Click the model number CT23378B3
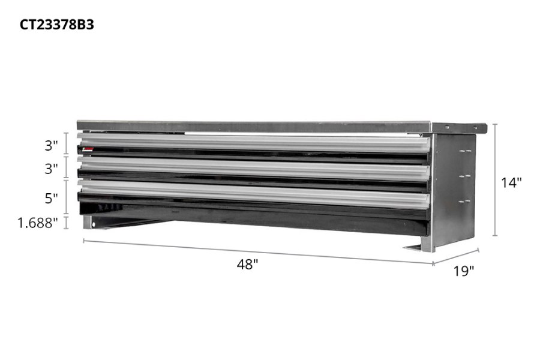click(56, 25)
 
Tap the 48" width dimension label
click(247, 263)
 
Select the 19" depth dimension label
click(463, 271)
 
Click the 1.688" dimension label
click(38, 223)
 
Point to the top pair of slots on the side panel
click(464, 152)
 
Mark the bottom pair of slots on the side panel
click(464, 201)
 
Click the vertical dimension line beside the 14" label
click(495, 180)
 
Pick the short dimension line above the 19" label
click(457, 256)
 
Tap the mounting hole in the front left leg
click(92, 226)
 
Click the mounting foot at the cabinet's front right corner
click(419, 246)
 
